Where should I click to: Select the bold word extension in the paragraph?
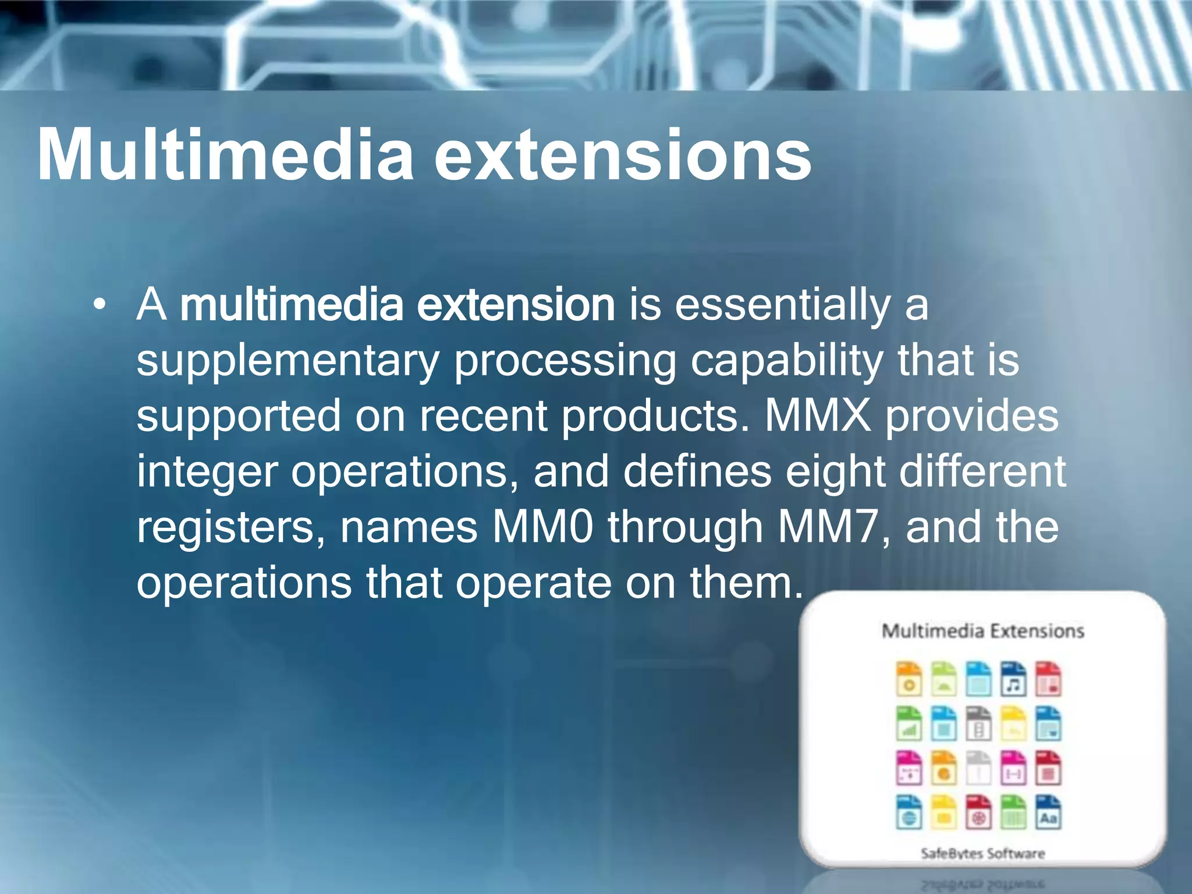pyautogui.click(x=516, y=304)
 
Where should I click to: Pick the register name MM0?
pyautogui.click(x=542, y=527)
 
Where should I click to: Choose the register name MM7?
pyautogui.click(x=827, y=527)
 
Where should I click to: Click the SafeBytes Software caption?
pyautogui.click(x=982, y=853)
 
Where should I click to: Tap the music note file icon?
pyautogui.click(x=1013, y=679)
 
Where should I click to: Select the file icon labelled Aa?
pyautogui.click(x=1048, y=812)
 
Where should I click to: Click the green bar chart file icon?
pyautogui.click(x=909, y=724)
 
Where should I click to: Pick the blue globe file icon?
pyautogui.click(x=909, y=812)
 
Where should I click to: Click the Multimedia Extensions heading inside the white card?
pyautogui.click(x=982, y=631)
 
